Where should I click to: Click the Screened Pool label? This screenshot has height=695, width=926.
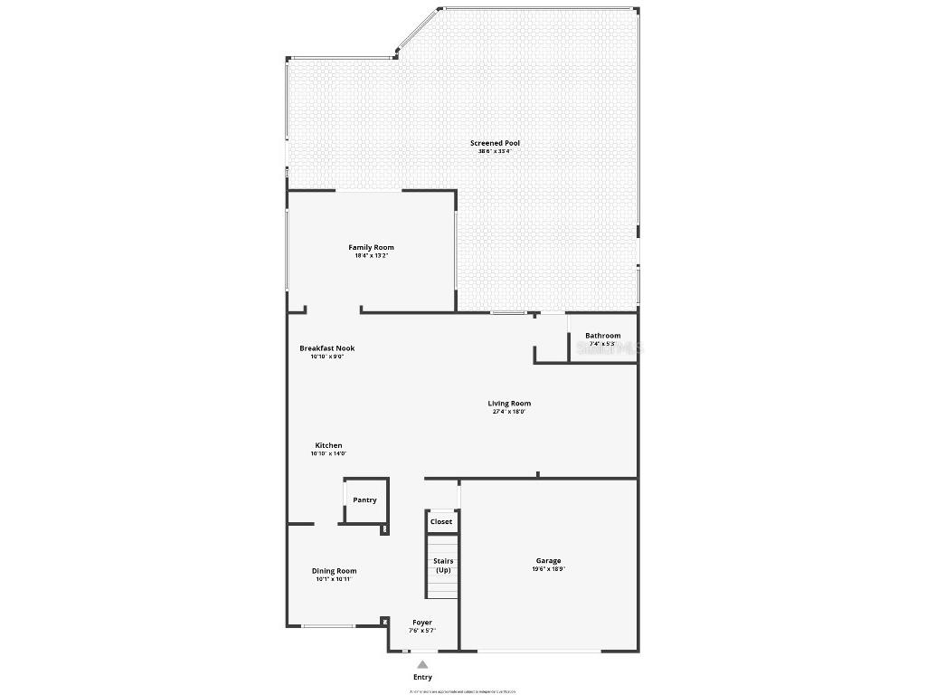point(495,143)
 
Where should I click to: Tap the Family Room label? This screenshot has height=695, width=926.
point(371,247)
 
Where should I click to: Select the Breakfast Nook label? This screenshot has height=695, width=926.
point(326,348)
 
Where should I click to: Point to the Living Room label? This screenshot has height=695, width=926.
point(509,404)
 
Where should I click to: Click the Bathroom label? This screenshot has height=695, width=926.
point(602,336)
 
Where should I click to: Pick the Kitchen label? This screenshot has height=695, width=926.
point(328,445)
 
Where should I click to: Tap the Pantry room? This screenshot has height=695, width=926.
point(364,500)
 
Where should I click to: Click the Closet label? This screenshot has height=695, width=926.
point(441,522)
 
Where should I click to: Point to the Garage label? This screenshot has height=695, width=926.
point(548,561)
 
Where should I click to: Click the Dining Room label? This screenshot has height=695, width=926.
point(334,571)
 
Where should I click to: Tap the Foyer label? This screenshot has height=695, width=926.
point(422,623)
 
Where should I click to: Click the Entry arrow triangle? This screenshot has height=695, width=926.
point(422,665)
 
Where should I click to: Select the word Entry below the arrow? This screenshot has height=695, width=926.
point(422,677)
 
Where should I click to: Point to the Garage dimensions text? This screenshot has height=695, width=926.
point(548,570)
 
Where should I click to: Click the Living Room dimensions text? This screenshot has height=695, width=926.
point(509,412)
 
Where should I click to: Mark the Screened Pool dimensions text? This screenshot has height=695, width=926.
point(495,151)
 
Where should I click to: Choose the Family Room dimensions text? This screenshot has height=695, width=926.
point(371,255)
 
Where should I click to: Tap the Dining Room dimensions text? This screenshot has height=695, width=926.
point(334,579)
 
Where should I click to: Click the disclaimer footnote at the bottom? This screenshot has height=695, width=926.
point(462,691)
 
